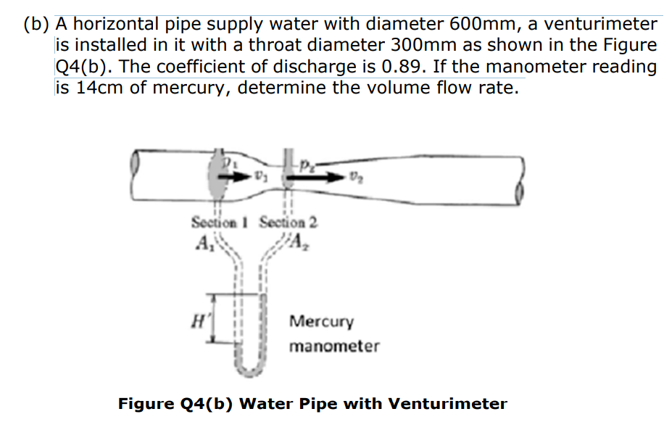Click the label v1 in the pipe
260,176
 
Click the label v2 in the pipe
354,176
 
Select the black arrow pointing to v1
232,177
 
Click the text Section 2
288,222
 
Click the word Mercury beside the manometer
321,321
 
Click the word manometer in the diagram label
333,347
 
